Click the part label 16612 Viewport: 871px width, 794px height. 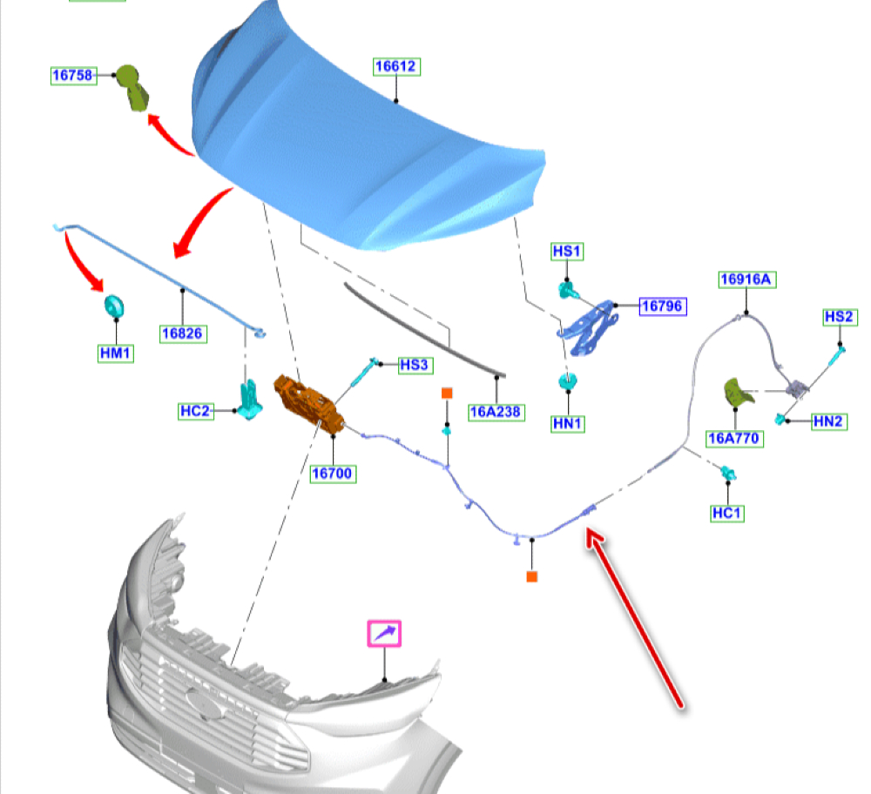coord(396,66)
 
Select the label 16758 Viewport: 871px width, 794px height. coord(72,76)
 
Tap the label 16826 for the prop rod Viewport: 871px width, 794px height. coord(182,333)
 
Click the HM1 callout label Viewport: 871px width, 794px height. coord(115,353)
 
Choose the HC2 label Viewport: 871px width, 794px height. coord(195,411)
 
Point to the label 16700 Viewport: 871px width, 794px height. coord(333,474)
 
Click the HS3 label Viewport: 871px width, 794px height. coord(414,366)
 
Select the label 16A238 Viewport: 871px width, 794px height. coord(496,412)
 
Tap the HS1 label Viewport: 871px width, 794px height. coord(567,252)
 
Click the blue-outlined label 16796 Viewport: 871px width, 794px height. coord(662,306)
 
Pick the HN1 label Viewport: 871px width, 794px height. coord(568,424)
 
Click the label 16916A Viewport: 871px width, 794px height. coord(747,279)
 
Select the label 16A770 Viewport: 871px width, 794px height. coord(734,438)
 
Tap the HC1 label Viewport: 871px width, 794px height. coord(727,514)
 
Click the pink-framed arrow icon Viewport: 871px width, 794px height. coord(384,633)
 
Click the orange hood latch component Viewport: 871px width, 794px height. coord(309,401)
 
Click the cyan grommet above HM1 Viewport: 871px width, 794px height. coord(113,307)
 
